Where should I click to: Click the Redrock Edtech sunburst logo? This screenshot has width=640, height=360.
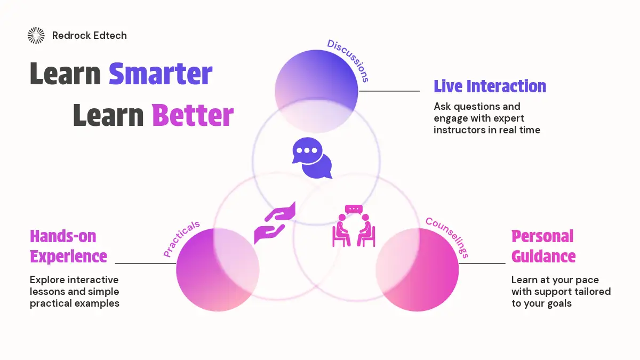coord(36,35)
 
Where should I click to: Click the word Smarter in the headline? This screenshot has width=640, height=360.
coord(161,74)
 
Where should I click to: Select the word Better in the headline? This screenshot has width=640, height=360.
coord(193,115)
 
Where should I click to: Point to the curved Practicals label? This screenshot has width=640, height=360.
coord(181,238)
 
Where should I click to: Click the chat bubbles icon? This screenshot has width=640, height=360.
coord(312,158)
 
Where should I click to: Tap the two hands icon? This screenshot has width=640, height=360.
coord(275,223)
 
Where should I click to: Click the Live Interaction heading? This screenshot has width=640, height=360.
coord(490,86)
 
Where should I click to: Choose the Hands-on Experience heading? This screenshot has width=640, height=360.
coord(69,246)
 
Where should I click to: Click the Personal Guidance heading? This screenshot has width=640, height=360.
coord(543,246)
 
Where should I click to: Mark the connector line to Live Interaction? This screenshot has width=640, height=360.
coord(389,91)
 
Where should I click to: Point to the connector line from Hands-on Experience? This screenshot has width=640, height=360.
coord(146,263)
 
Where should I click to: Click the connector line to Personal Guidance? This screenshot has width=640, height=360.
coord(482,263)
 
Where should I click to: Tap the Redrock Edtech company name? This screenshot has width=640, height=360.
coord(90,35)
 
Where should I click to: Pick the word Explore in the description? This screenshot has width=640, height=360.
coord(47,279)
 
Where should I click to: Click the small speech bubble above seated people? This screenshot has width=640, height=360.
coord(354,210)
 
